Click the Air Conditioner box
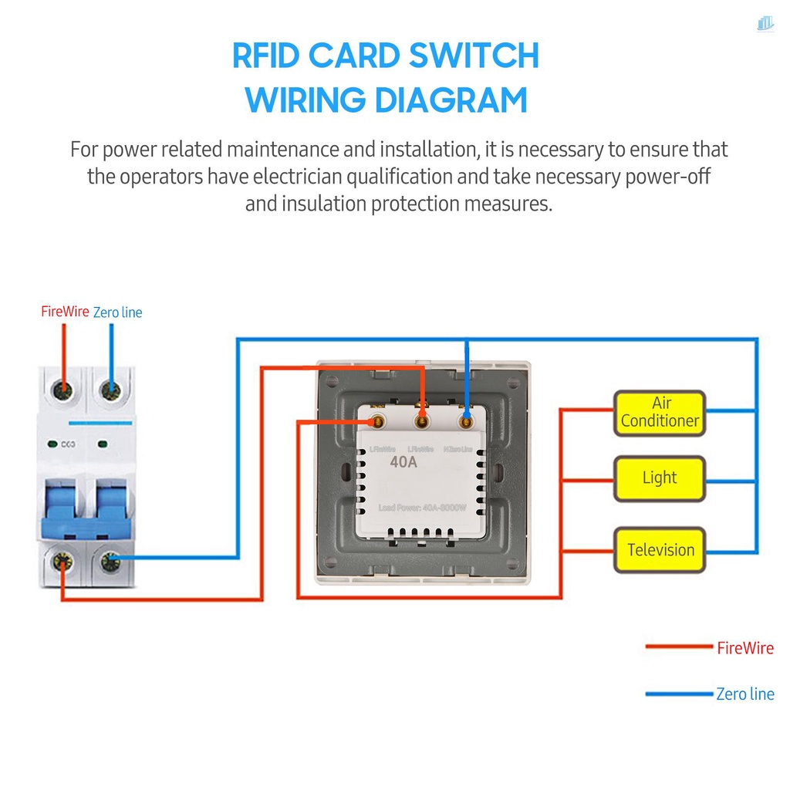[660, 413]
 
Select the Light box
[660, 478]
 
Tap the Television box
[660, 550]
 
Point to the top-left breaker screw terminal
[62, 390]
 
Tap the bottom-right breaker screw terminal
[111, 562]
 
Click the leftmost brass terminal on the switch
[378, 422]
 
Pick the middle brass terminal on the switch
[421, 422]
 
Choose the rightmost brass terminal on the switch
[465, 422]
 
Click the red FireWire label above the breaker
[65, 312]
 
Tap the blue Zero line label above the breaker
[117, 312]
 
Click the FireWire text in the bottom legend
[744, 648]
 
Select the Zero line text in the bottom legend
[744, 694]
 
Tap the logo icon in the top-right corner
[765, 24]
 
